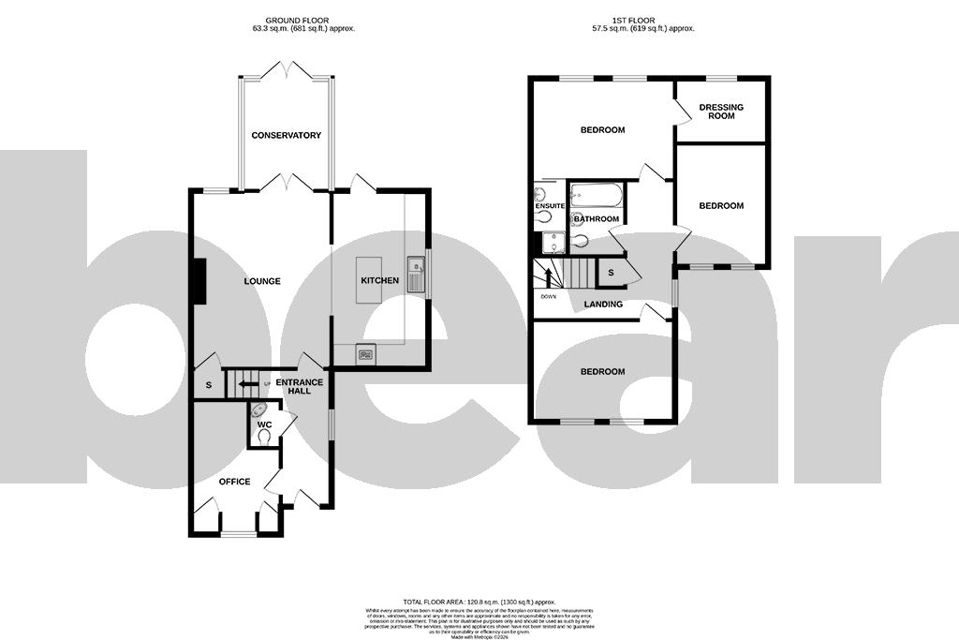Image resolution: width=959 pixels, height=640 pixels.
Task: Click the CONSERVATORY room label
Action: [286, 135]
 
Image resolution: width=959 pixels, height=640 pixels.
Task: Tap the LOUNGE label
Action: [263, 281]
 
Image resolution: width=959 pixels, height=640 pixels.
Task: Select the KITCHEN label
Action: [379, 280]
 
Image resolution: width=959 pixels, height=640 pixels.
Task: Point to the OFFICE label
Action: [234, 482]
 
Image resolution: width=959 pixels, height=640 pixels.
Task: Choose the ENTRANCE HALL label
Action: [299, 386]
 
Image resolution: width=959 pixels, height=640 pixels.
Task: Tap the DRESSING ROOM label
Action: [721, 112]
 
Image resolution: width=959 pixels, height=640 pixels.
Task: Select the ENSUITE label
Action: [550, 205]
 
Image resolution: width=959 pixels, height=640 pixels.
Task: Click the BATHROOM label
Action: [597, 219]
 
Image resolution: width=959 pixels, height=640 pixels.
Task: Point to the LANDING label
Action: [604, 305]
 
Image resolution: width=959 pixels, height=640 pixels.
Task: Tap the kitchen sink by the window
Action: [416, 273]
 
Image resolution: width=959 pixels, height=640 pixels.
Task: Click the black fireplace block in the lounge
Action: [199, 281]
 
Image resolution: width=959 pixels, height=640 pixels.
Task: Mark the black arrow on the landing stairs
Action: [549, 278]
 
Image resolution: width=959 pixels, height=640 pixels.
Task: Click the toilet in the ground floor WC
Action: [264, 437]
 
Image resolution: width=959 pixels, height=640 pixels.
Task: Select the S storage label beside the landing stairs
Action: [611, 272]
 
